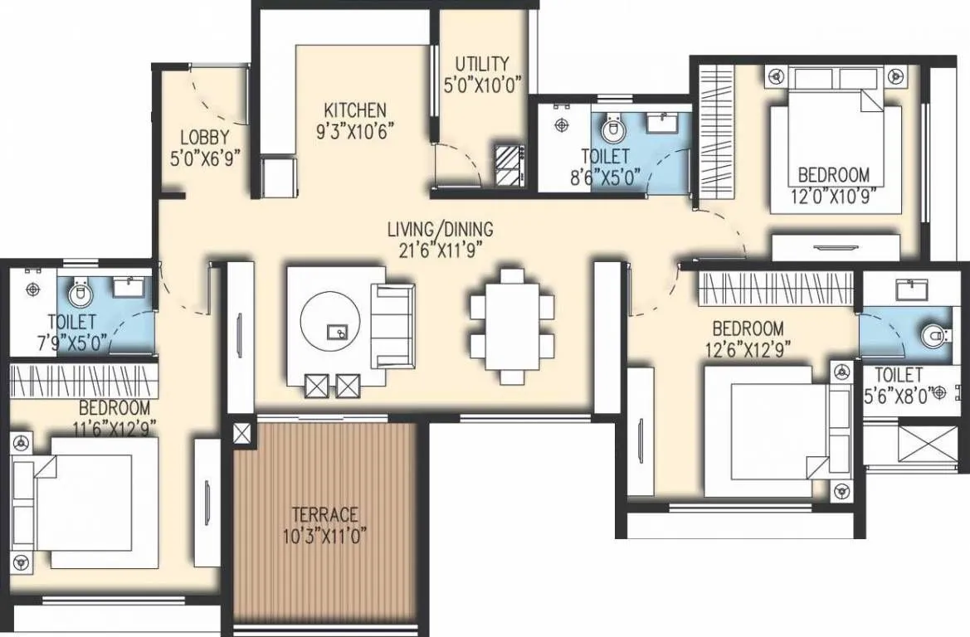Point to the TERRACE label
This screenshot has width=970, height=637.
[324, 514]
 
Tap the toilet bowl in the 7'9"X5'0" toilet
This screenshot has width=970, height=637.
[79, 293]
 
